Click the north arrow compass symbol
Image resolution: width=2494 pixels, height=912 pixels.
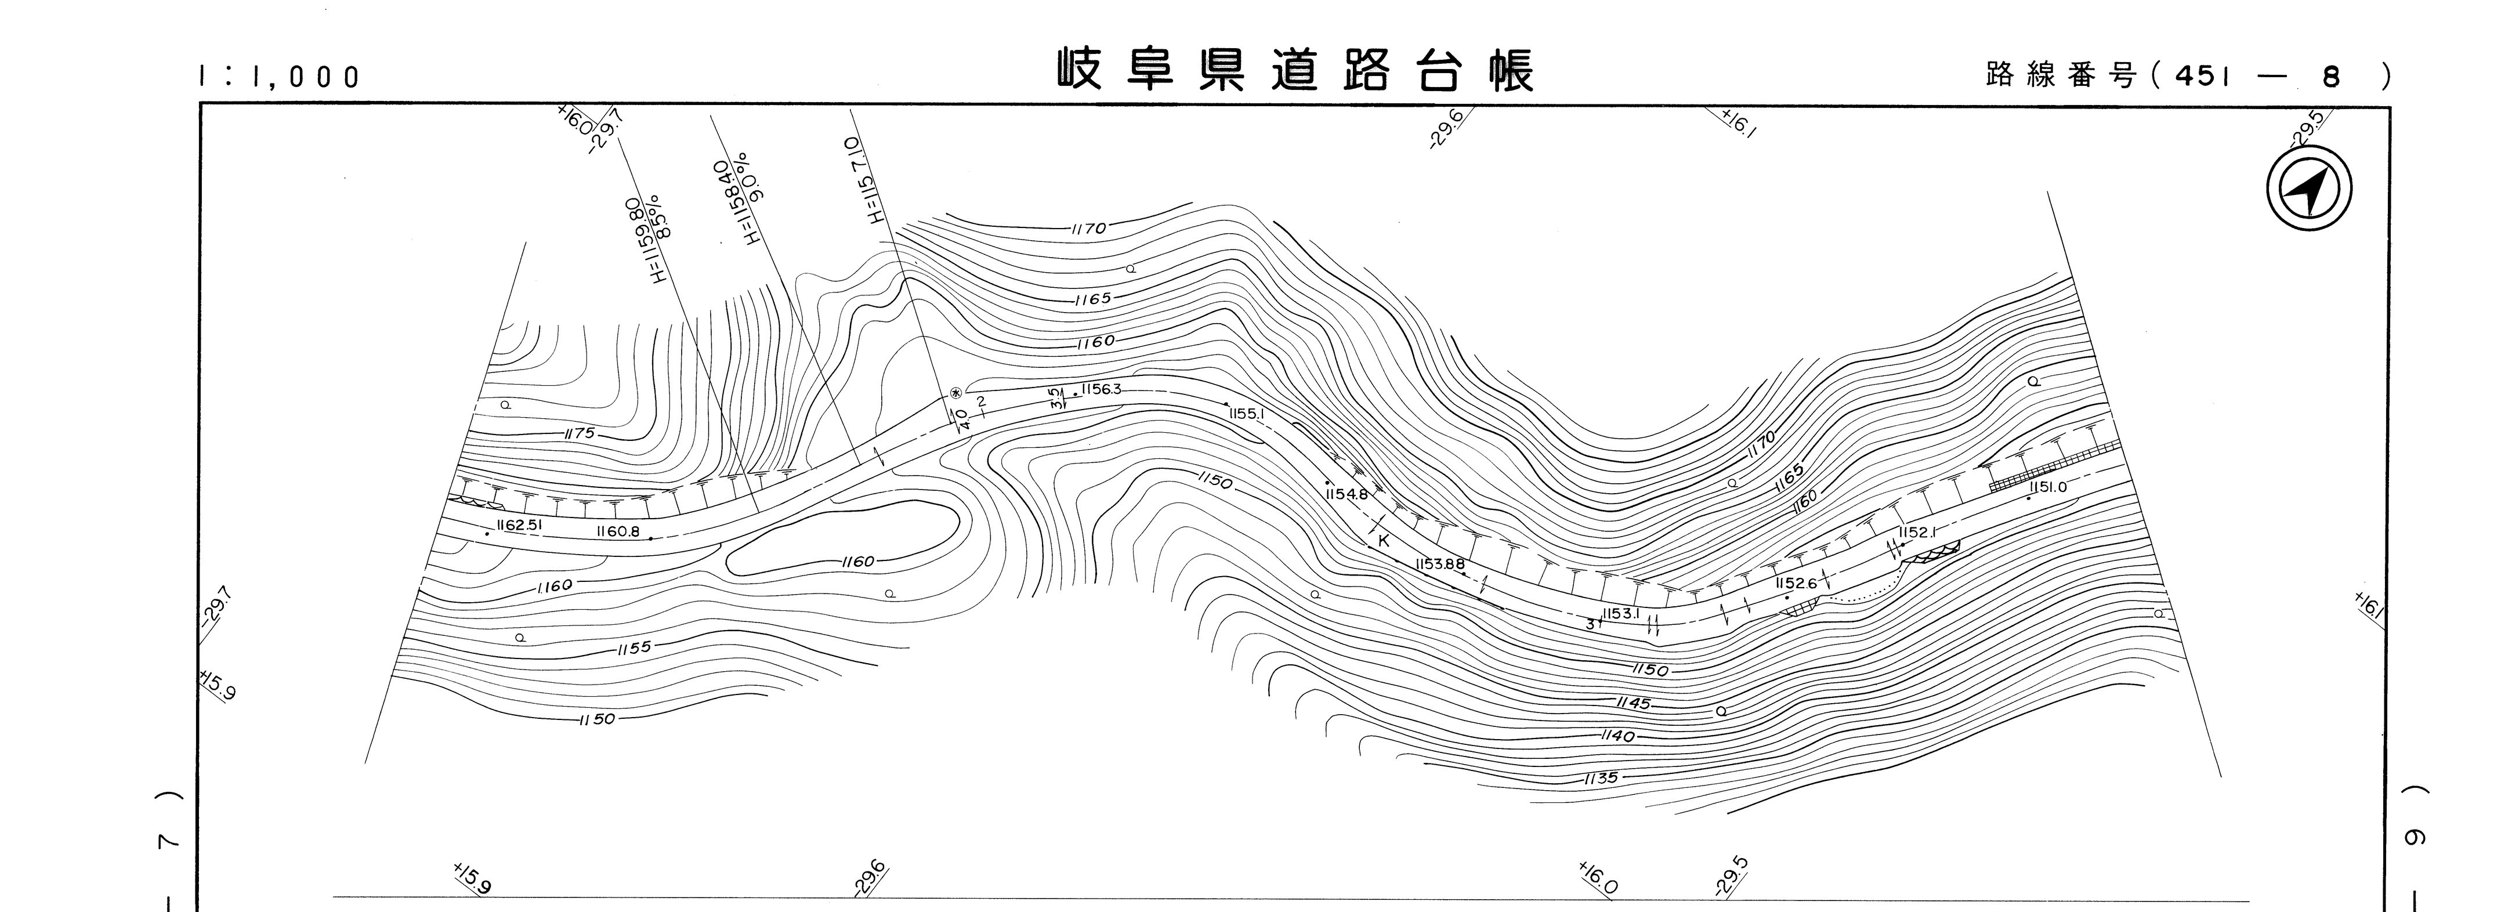click(2309, 189)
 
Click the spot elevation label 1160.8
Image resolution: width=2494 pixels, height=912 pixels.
click(618, 531)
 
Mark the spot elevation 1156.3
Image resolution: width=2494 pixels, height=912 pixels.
click(1102, 389)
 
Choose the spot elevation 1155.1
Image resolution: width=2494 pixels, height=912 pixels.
click(1247, 414)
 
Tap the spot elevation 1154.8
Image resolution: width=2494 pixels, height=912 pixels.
click(1346, 494)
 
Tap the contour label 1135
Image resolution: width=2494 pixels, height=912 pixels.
click(1601, 777)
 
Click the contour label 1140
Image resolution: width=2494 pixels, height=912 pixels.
click(1618, 737)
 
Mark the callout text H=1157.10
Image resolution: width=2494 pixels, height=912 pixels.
click(864, 180)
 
